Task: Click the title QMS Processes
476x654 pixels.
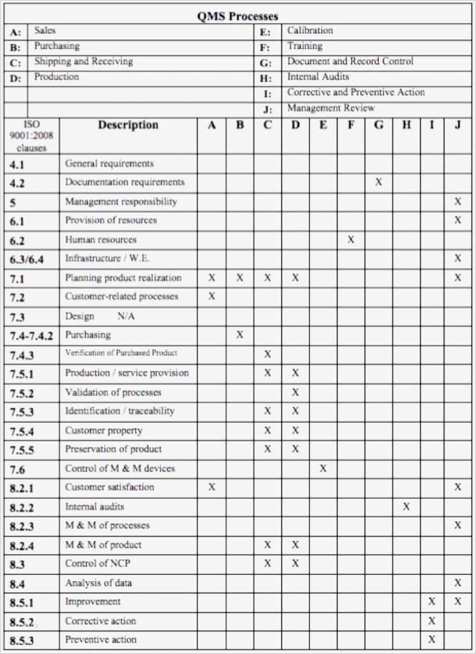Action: tap(237, 17)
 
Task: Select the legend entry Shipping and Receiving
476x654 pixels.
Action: tap(83, 61)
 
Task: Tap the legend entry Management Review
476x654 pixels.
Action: tap(330, 108)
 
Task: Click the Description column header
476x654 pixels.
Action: tap(128, 125)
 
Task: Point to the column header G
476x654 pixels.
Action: tap(378, 125)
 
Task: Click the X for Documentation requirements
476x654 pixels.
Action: tap(378, 182)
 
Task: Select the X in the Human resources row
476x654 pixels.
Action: tap(351, 240)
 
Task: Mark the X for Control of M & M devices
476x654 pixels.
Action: tap(323, 468)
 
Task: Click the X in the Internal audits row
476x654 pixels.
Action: tap(406, 506)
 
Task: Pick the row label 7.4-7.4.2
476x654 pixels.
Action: tap(31, 335)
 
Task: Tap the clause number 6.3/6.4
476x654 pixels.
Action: tap(26, 259)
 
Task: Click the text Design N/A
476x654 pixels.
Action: tap(100, 316)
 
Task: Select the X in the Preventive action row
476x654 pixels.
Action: tap(432, 639)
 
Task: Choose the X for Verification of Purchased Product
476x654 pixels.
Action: tap(268, 354)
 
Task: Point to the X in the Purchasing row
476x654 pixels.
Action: tap(240, 335)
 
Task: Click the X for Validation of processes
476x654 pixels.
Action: tap(295, 392)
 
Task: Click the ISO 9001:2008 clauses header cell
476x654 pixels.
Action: tap(31, 135)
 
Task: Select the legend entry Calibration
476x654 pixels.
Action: tap(310, 30)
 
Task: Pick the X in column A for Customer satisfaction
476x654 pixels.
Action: tap(211, 487)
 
